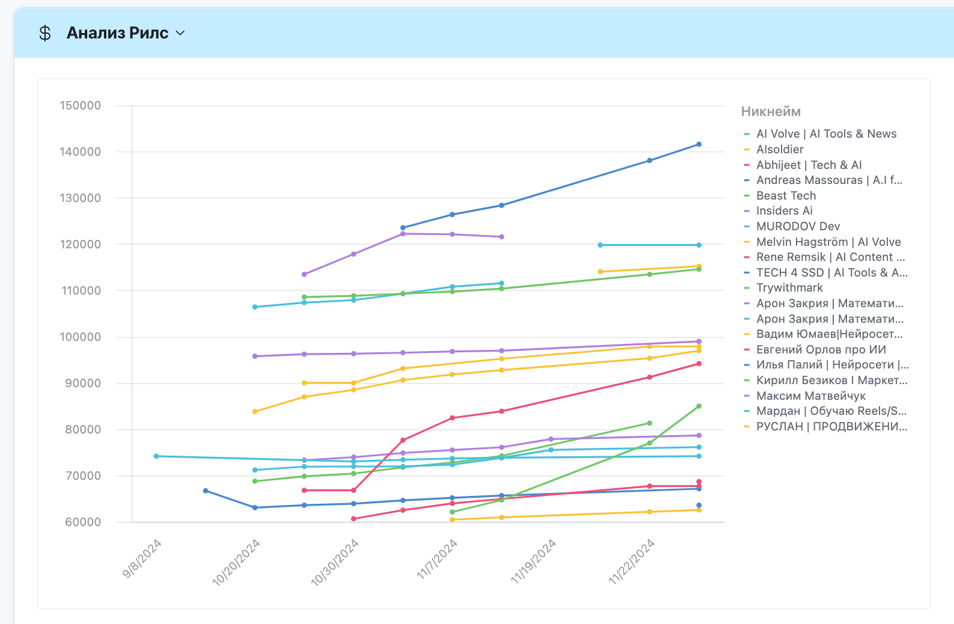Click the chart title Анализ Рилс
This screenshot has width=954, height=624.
pyautogui.click(x=117, y=33)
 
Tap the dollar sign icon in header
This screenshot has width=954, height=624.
pyautogui.click(x=45, y=33)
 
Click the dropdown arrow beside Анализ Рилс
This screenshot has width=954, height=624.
pyautogui.click(x=180, y=33)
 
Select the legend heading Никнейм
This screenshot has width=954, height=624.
pyautogui.click(x=771, y=111)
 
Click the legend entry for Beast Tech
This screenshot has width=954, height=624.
pyautogui.click(x=786, y=195)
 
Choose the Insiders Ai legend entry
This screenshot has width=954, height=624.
pyautogui.click(x=784, y=210)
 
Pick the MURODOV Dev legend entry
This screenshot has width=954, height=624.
pyautogui.click(x=798, y=226)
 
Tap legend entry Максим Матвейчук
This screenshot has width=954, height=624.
pyautogui.click(x=810, y=396)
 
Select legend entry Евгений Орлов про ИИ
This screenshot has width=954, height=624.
pyautogui.click(x=821, y=349)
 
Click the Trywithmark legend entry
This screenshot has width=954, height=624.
pyautogui.click(x=789, y=287)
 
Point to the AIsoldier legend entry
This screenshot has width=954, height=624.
pyautogui.click(x=780, y=149)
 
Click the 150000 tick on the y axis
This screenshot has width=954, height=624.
pyautogui.click(x=81, y=106)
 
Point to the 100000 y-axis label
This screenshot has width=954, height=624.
pyautogui.click(x=81, y=337)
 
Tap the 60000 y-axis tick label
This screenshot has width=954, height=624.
pyautogui.click(x=83, y=522)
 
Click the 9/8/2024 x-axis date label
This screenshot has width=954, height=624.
pyautogui.click(x=142, y=558)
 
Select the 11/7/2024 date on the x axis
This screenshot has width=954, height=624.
pyautogui.click(x=437, y=559)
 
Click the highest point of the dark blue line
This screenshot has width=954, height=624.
pyautogui.click(x=699, y=144)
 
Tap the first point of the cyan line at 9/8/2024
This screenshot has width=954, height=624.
pyautogui.click(x=156, y=456)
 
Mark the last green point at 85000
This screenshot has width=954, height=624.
pyautogui.click(x=699, y=406)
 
